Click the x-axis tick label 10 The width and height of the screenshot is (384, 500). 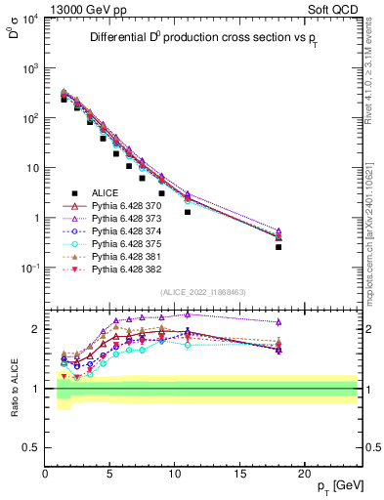click(x=175, y=472)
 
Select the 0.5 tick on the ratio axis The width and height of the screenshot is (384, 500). click(x=32, y=447)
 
